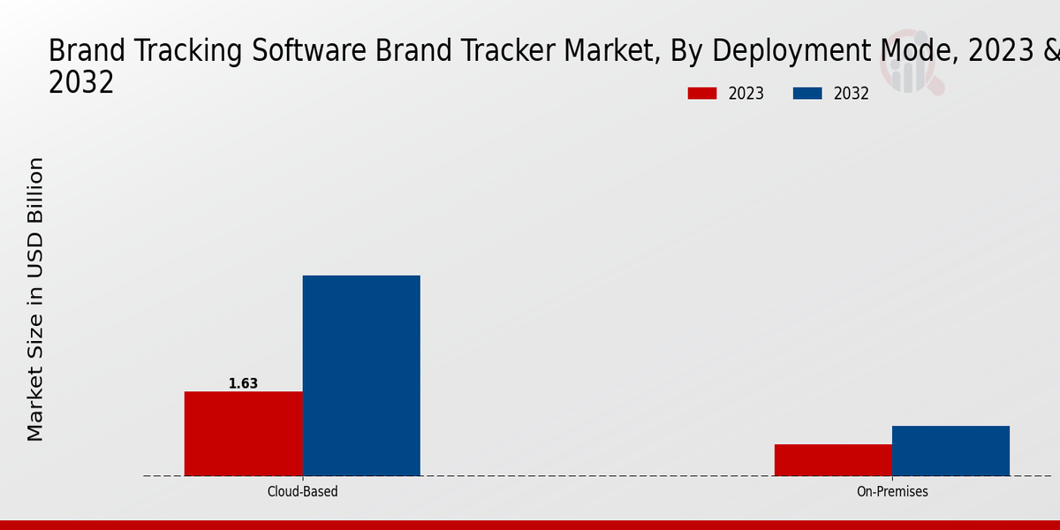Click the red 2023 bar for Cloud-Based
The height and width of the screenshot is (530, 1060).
pyautogui.click(x=243, y=433)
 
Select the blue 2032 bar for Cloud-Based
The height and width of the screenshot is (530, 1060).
pyautogui.click(x=361, y=375)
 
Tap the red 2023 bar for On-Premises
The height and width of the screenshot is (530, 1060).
pyautogui.click(x=833, y=459)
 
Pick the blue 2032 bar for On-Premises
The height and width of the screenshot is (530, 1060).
pyautogui.click(x=950, y=450)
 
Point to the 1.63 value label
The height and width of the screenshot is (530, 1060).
pyautogui.click(x=243, y=383)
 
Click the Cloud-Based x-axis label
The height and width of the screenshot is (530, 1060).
pyautogui.click(x=302, y=491)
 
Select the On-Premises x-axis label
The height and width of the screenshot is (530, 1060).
pyautogui.click(x=892, y=491)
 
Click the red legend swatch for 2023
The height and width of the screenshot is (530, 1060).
pyautogui.click(x=702, y=94)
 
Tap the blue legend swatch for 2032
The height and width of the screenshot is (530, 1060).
pyautogui.click(x=807, y=94)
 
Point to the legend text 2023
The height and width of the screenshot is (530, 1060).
pyautogui.click(x=746, y=94)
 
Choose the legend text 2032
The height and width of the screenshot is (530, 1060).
pyautogui.click(x=852, y=94)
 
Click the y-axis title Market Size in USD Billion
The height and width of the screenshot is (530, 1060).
pyautogui.click(x=35, y=299)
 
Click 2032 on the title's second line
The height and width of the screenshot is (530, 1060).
pyautogui.click(x=81, y=82)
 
